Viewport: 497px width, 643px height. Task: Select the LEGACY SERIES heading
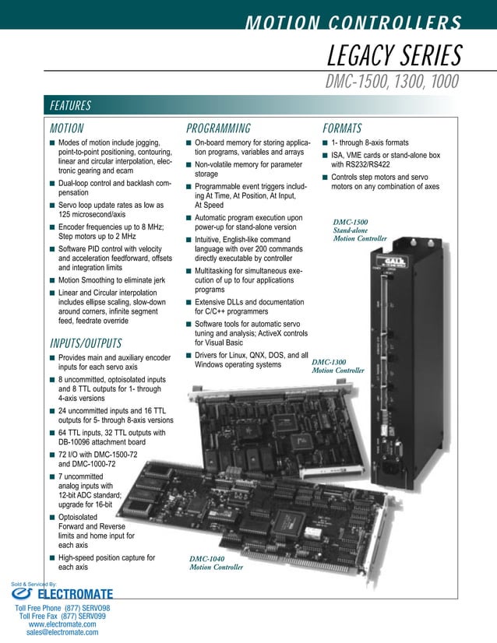(x=394, y=55)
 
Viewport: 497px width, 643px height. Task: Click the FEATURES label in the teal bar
(x=70, y=106)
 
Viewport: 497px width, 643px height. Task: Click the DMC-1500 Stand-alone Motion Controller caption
(x=360, y=230)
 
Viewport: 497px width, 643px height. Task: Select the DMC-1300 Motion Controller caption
(x=337, y=367)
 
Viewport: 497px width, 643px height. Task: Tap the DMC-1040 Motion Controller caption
(x=217, y=563)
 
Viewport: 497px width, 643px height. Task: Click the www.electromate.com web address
(x=62, y=624)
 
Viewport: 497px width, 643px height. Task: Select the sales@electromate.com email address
(x=62, y=633)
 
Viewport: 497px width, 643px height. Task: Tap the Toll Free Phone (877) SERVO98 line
(x=62, y=607)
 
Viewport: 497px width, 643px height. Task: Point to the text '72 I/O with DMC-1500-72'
(x=98, y=454)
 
